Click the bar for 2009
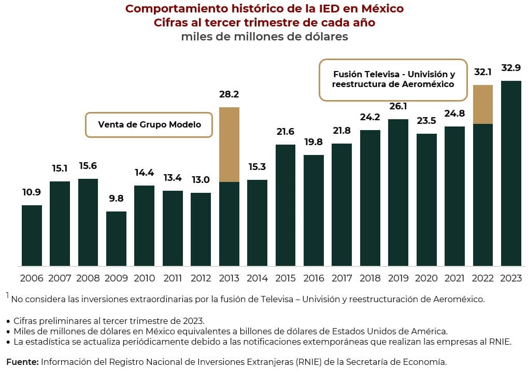coord(116,238)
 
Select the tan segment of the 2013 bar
coord(229,144)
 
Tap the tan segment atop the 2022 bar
coord(483,104)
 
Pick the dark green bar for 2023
coord(511,174)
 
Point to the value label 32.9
coord(511,68)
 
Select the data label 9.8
coord(116,199)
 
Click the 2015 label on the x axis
coord(286,279)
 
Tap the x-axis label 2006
coord(32,279)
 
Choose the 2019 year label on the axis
coord(398,279)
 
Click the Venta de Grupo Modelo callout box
coord(149,125)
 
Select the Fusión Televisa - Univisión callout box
coord(393,79)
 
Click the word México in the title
coord(381,9)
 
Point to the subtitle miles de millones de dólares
coord(264,37)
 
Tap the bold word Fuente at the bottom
coord(22,362)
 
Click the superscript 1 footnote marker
coord(8,295)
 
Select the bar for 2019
coord(398,192)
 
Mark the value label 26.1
coord(398,106)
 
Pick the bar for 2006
coord(32,235)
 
